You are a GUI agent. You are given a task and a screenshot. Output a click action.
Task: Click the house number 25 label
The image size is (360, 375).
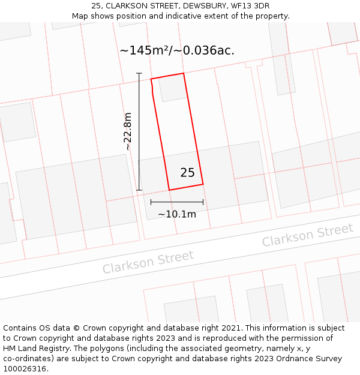(187, 173)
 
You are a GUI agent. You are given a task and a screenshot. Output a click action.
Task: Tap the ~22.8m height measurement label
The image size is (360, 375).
(127, 131)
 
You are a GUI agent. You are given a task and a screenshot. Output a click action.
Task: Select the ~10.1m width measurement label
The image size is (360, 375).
(177, 214)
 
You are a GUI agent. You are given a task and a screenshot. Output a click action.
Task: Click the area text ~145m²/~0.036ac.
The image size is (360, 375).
(177, 50)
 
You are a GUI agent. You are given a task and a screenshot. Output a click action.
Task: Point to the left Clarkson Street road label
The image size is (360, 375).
(148, 262)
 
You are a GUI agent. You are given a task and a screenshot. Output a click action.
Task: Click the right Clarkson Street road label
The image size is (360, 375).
(307, 235)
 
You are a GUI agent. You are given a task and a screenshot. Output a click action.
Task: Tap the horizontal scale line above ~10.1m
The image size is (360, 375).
(177, 202)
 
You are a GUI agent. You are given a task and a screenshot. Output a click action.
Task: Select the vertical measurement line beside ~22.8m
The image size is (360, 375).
(139, 131)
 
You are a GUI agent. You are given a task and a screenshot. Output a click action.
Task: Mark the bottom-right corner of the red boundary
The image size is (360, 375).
(203, 184)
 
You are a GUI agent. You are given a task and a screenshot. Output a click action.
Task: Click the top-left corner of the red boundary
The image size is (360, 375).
(151, 79)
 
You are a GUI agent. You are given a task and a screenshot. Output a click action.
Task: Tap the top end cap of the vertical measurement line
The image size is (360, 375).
(139, 74)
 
